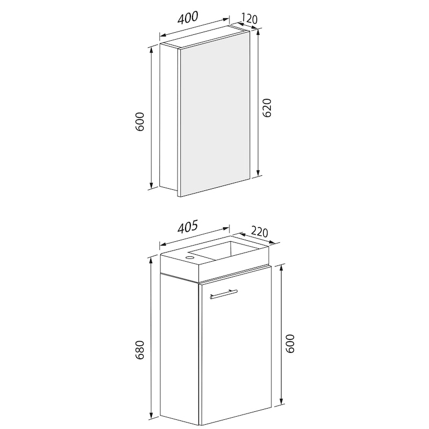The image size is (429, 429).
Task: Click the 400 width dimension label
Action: click(188, 18)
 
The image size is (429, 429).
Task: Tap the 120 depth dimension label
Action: click(249, 19)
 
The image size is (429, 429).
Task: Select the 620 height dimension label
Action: click(267, 108)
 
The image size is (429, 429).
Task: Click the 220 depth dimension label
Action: click(259, 232)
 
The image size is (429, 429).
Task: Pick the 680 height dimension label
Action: click(140, 350)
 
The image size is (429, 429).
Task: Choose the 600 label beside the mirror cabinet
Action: click(140, 122)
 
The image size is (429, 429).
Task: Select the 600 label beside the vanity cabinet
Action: click(290, 344)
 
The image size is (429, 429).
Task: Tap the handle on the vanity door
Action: click(224, 294)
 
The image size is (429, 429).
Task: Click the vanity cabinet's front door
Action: click(236, 347)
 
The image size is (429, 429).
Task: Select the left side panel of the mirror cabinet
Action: click(168, 117)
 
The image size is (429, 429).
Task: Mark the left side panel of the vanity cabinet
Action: click(179, 349)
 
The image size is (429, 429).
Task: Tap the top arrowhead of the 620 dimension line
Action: click(258, 32)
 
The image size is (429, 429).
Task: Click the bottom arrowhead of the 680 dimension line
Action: click(151, 415)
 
